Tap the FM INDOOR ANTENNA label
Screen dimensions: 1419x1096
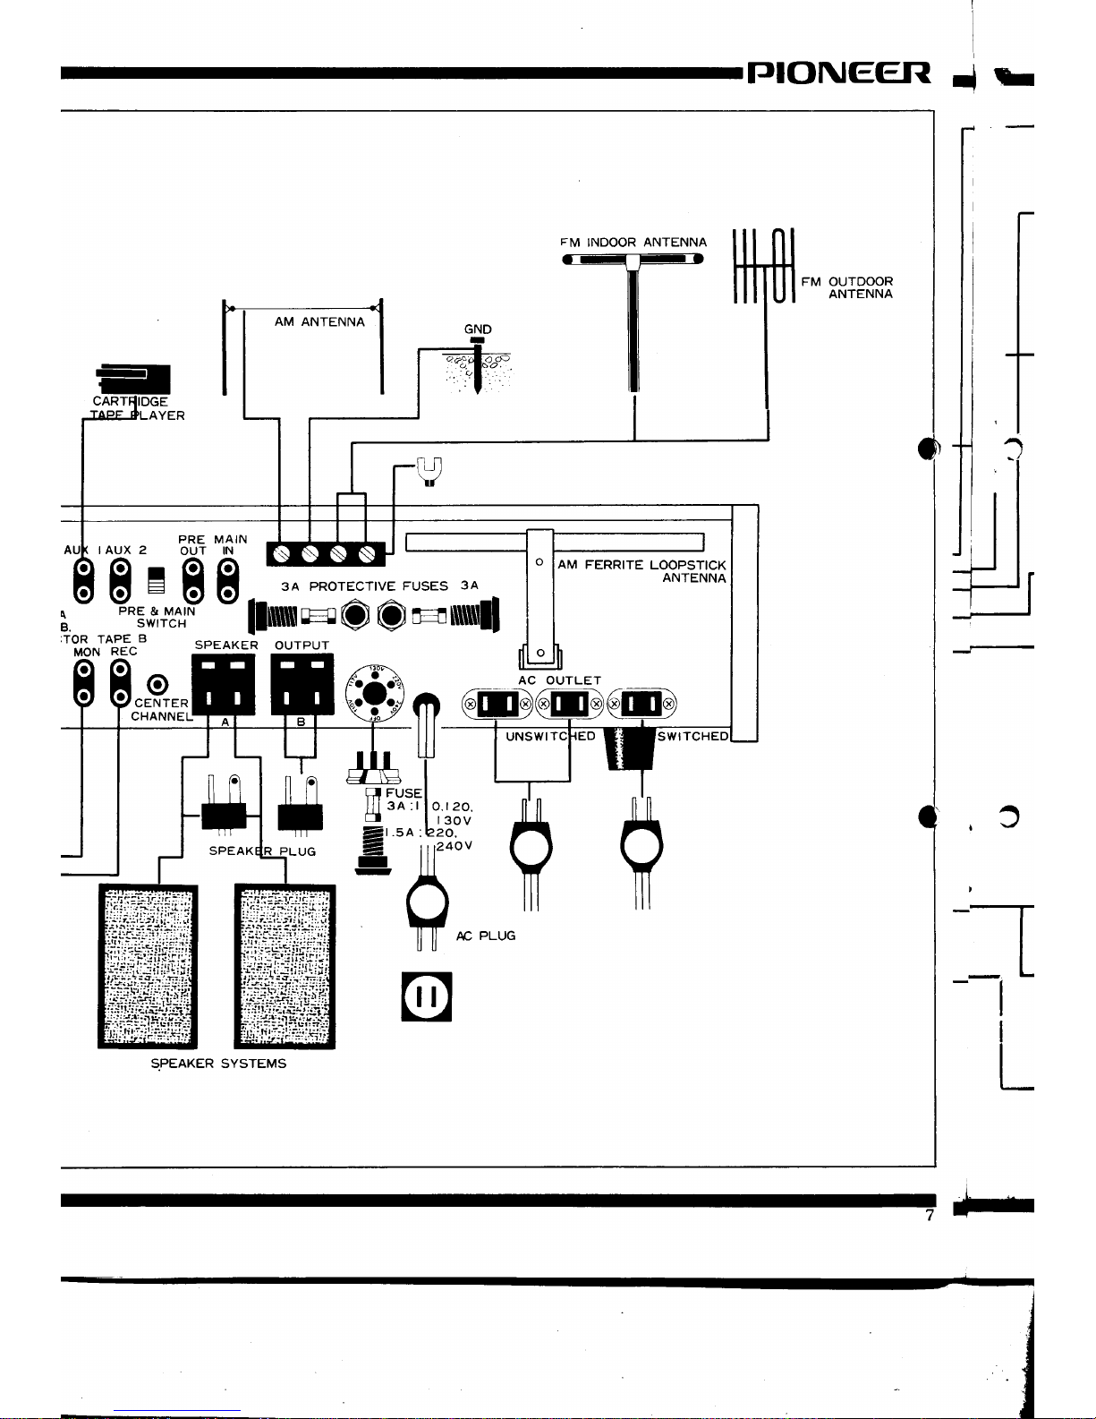click(x=633, y=243)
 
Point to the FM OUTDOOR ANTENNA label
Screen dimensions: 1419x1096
click(x=846, y=287)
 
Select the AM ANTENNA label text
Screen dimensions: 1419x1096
click(x=319, y=322)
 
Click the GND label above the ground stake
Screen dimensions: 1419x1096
click(x=478, y=329)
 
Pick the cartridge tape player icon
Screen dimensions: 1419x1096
click(x=134, y=379)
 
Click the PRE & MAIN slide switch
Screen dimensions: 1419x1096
click(x=157, y=580)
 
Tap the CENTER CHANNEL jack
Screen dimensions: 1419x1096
click(x=157, y=686)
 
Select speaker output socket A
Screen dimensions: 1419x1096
click(x=224, y=685)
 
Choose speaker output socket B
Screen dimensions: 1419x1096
click(x=302, y=685)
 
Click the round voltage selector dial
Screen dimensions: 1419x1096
click(x=374, y=693)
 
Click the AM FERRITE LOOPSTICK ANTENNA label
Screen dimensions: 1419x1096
click(x=641, y=571)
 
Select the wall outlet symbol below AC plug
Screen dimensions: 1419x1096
click(x=427, y=996)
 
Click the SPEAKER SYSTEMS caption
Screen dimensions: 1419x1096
click(x=218, y=1064)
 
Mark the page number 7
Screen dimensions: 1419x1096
click(x=930, y=1216)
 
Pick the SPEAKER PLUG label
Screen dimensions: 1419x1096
click(x=262, y=851)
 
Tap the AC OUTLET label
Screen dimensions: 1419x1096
click(x=559, y=680)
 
